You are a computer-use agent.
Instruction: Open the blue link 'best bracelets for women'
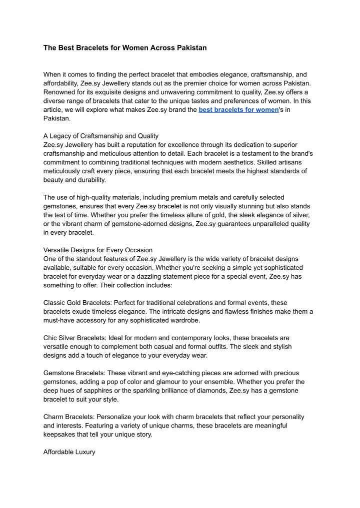[238, 109]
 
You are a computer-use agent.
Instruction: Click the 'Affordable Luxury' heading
[69, 452]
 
